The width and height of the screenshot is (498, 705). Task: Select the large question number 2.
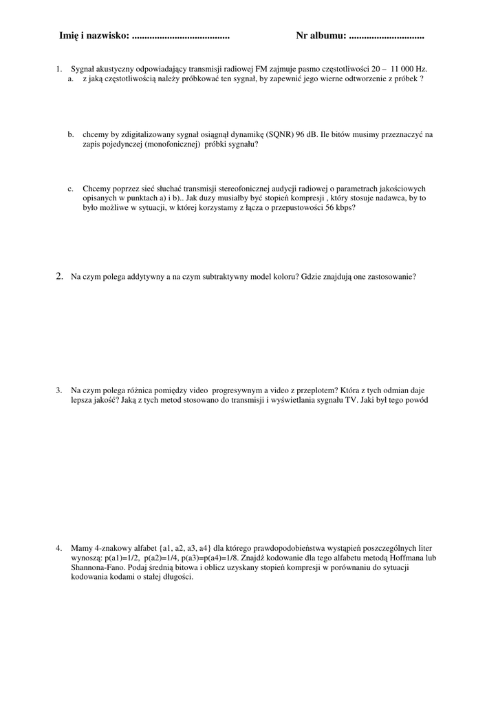[59, 277]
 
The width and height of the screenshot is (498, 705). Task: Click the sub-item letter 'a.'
[71, 79]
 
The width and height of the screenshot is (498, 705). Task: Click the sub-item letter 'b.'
[71, 135]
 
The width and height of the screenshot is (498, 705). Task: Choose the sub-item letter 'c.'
[71, 188]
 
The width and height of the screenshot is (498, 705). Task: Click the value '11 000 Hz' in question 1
[409, 70]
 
